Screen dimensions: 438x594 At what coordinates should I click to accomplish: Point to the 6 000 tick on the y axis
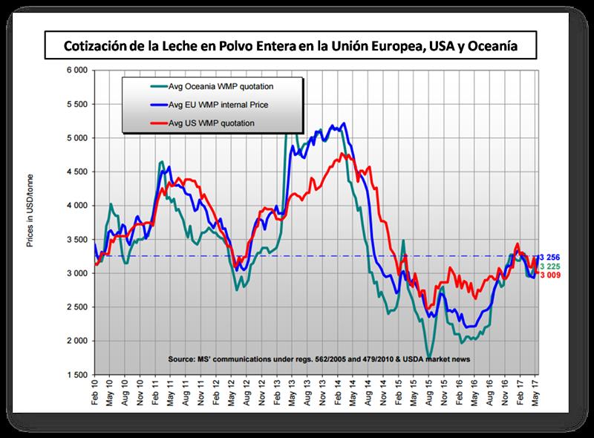click(76, 71)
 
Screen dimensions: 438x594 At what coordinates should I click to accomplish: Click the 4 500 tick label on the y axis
click(76, 171)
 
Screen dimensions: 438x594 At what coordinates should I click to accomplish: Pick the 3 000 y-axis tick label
click(76, 273)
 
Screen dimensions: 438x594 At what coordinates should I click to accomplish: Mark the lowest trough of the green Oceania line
click(428, 356)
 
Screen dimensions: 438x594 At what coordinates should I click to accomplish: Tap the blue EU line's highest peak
click(344, 124)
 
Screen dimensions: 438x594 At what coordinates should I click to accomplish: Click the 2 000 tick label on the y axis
click(76, 341)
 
